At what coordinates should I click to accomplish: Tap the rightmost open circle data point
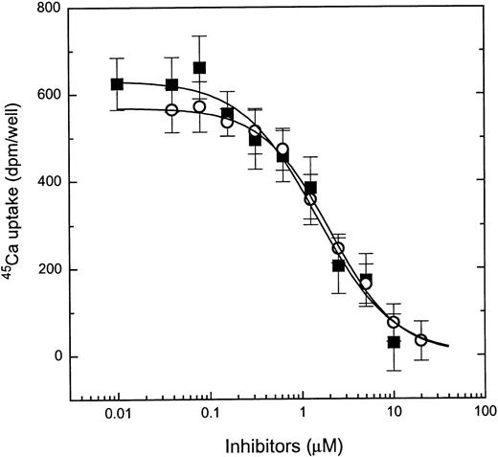click(x=421, y=340)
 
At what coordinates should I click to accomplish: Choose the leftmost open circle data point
click(x=171, y=110)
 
